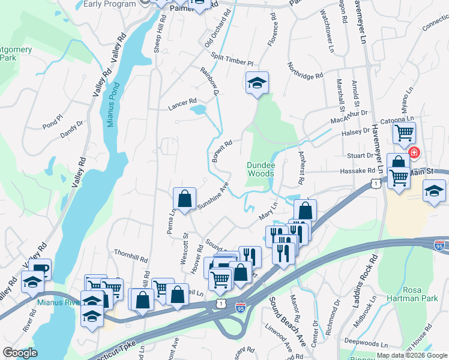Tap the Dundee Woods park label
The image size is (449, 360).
[x=261, y=169]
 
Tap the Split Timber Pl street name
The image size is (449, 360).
[x=232, y=59]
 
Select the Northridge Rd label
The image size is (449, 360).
[x=305, y=71]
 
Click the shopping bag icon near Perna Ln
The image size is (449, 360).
[x=185, y=197]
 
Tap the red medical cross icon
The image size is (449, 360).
[x=414, y=154]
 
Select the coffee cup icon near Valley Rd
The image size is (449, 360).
[x=40, y=269]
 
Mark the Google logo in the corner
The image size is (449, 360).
[x=20, y=353]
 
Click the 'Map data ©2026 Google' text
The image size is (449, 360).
[x=412, y=355]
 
